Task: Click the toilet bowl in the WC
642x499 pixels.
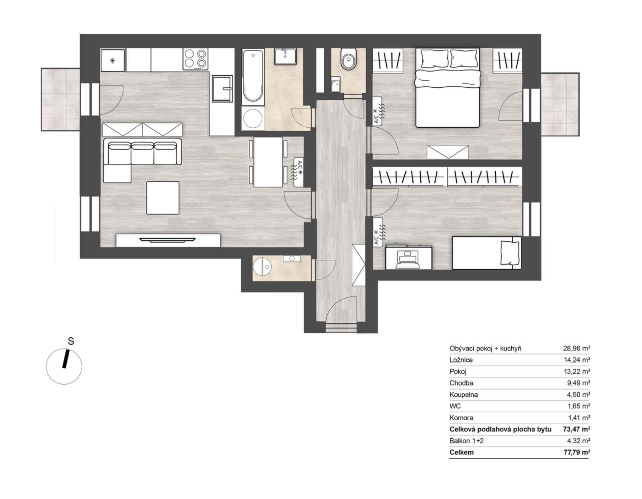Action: (x=348, y=59)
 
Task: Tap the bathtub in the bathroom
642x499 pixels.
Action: (x=252, y=77)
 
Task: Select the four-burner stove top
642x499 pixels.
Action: (x=195, y=59)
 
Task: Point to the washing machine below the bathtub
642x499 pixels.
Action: (x=253, y=119)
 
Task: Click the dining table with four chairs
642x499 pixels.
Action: (x=268, y=162)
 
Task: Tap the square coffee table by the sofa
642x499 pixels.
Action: (x=163, y=198)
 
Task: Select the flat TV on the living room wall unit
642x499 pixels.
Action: (x=167, y=240)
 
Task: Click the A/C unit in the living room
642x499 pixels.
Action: (x=299, y=172)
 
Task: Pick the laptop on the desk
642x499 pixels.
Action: (x=409, y=259)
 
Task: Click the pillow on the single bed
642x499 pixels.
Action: (x=510, y=252)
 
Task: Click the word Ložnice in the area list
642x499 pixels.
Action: (x=461, y=360)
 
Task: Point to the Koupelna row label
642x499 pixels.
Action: (x=463, y=395)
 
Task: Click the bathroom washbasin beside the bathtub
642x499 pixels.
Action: (x=285, y=57)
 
